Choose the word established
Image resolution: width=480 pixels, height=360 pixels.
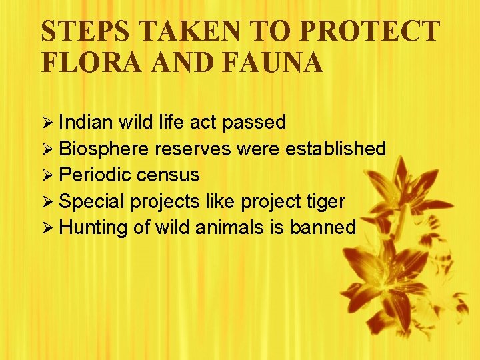(335, 149)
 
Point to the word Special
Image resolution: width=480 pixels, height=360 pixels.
(93, 201)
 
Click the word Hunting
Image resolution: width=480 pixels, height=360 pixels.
(93, 227)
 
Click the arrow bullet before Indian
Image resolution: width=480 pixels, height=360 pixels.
(47, 123)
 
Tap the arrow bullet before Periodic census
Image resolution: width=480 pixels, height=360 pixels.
(47, 175)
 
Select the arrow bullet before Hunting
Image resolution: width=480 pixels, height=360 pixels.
(47, 228)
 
